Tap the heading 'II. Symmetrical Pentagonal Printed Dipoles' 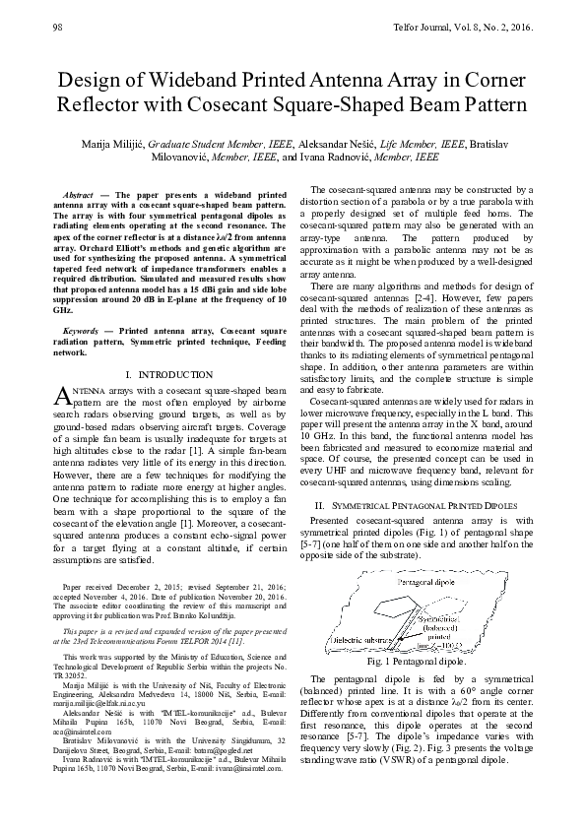tap(422, 503)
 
